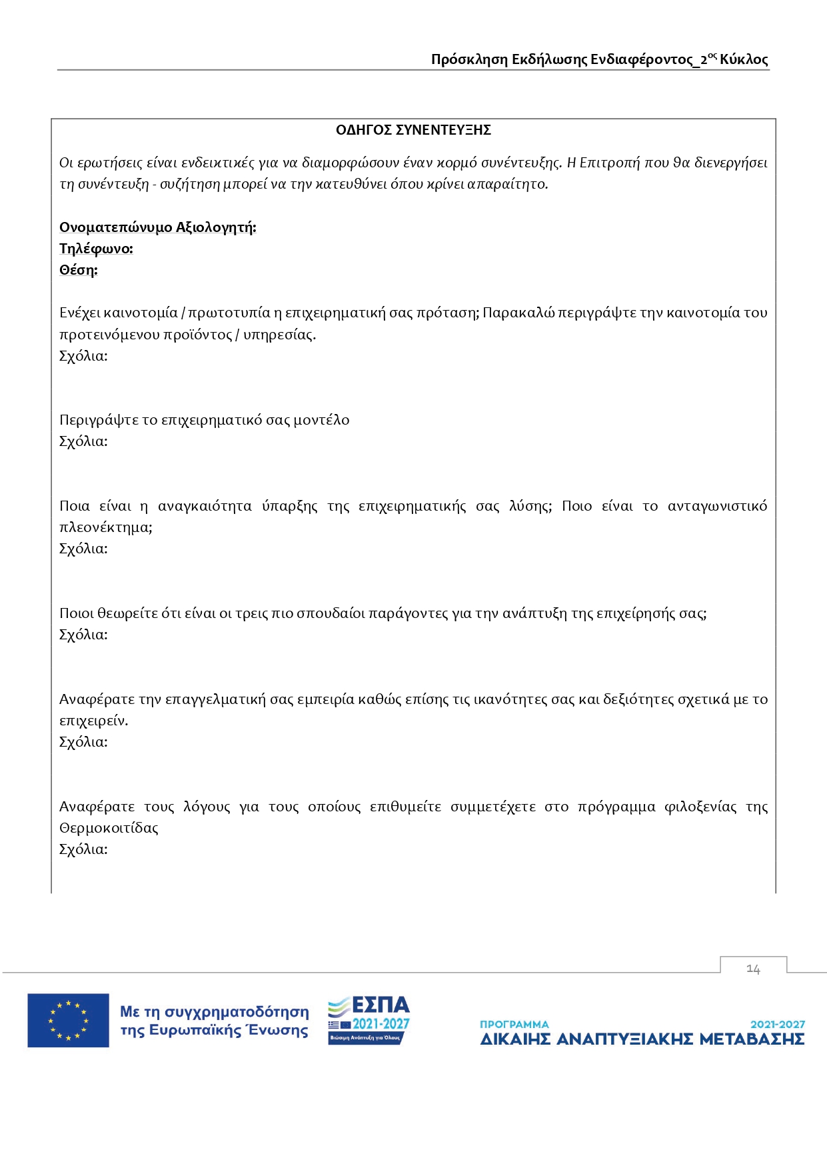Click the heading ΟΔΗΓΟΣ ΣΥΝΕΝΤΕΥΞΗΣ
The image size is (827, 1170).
coord(413,130)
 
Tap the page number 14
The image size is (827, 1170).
coord(753,969)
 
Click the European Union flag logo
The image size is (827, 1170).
coord(68,1020)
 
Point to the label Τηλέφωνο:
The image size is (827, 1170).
coord(96,249)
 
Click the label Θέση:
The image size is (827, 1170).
coord(78,270)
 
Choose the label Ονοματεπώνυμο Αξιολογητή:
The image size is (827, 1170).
coord(157,227)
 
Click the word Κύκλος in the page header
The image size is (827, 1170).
coord(744,59)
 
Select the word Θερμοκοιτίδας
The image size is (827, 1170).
coord(109,828)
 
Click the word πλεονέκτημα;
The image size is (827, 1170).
coord(105,527)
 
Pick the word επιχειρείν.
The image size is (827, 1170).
coord(93,721)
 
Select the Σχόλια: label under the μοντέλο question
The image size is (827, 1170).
coord(83,441)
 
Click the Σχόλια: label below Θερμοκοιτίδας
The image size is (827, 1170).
coord(83,849)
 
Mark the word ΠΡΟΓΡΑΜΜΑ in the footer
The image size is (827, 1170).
coord(514,1024)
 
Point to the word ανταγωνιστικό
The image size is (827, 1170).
coord(717,506)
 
